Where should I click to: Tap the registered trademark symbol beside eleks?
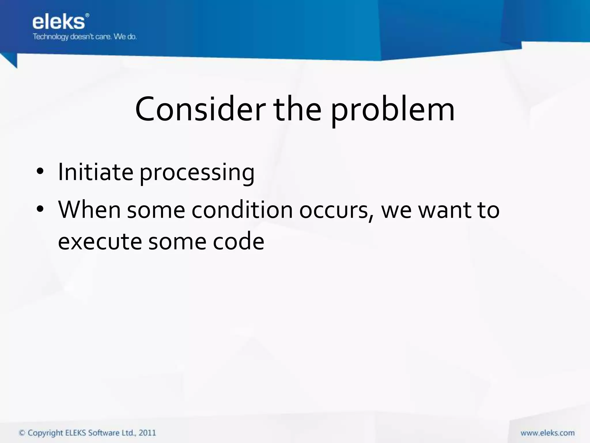point(88,15)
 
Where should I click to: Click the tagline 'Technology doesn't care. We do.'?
point(84,37)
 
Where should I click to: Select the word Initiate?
point(95,172)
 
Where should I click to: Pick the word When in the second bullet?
point(89,210)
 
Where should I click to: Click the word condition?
point(242,210)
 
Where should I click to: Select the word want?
point(445,210)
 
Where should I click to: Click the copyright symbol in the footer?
point(22,433)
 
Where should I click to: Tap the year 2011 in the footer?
point(147,433)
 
